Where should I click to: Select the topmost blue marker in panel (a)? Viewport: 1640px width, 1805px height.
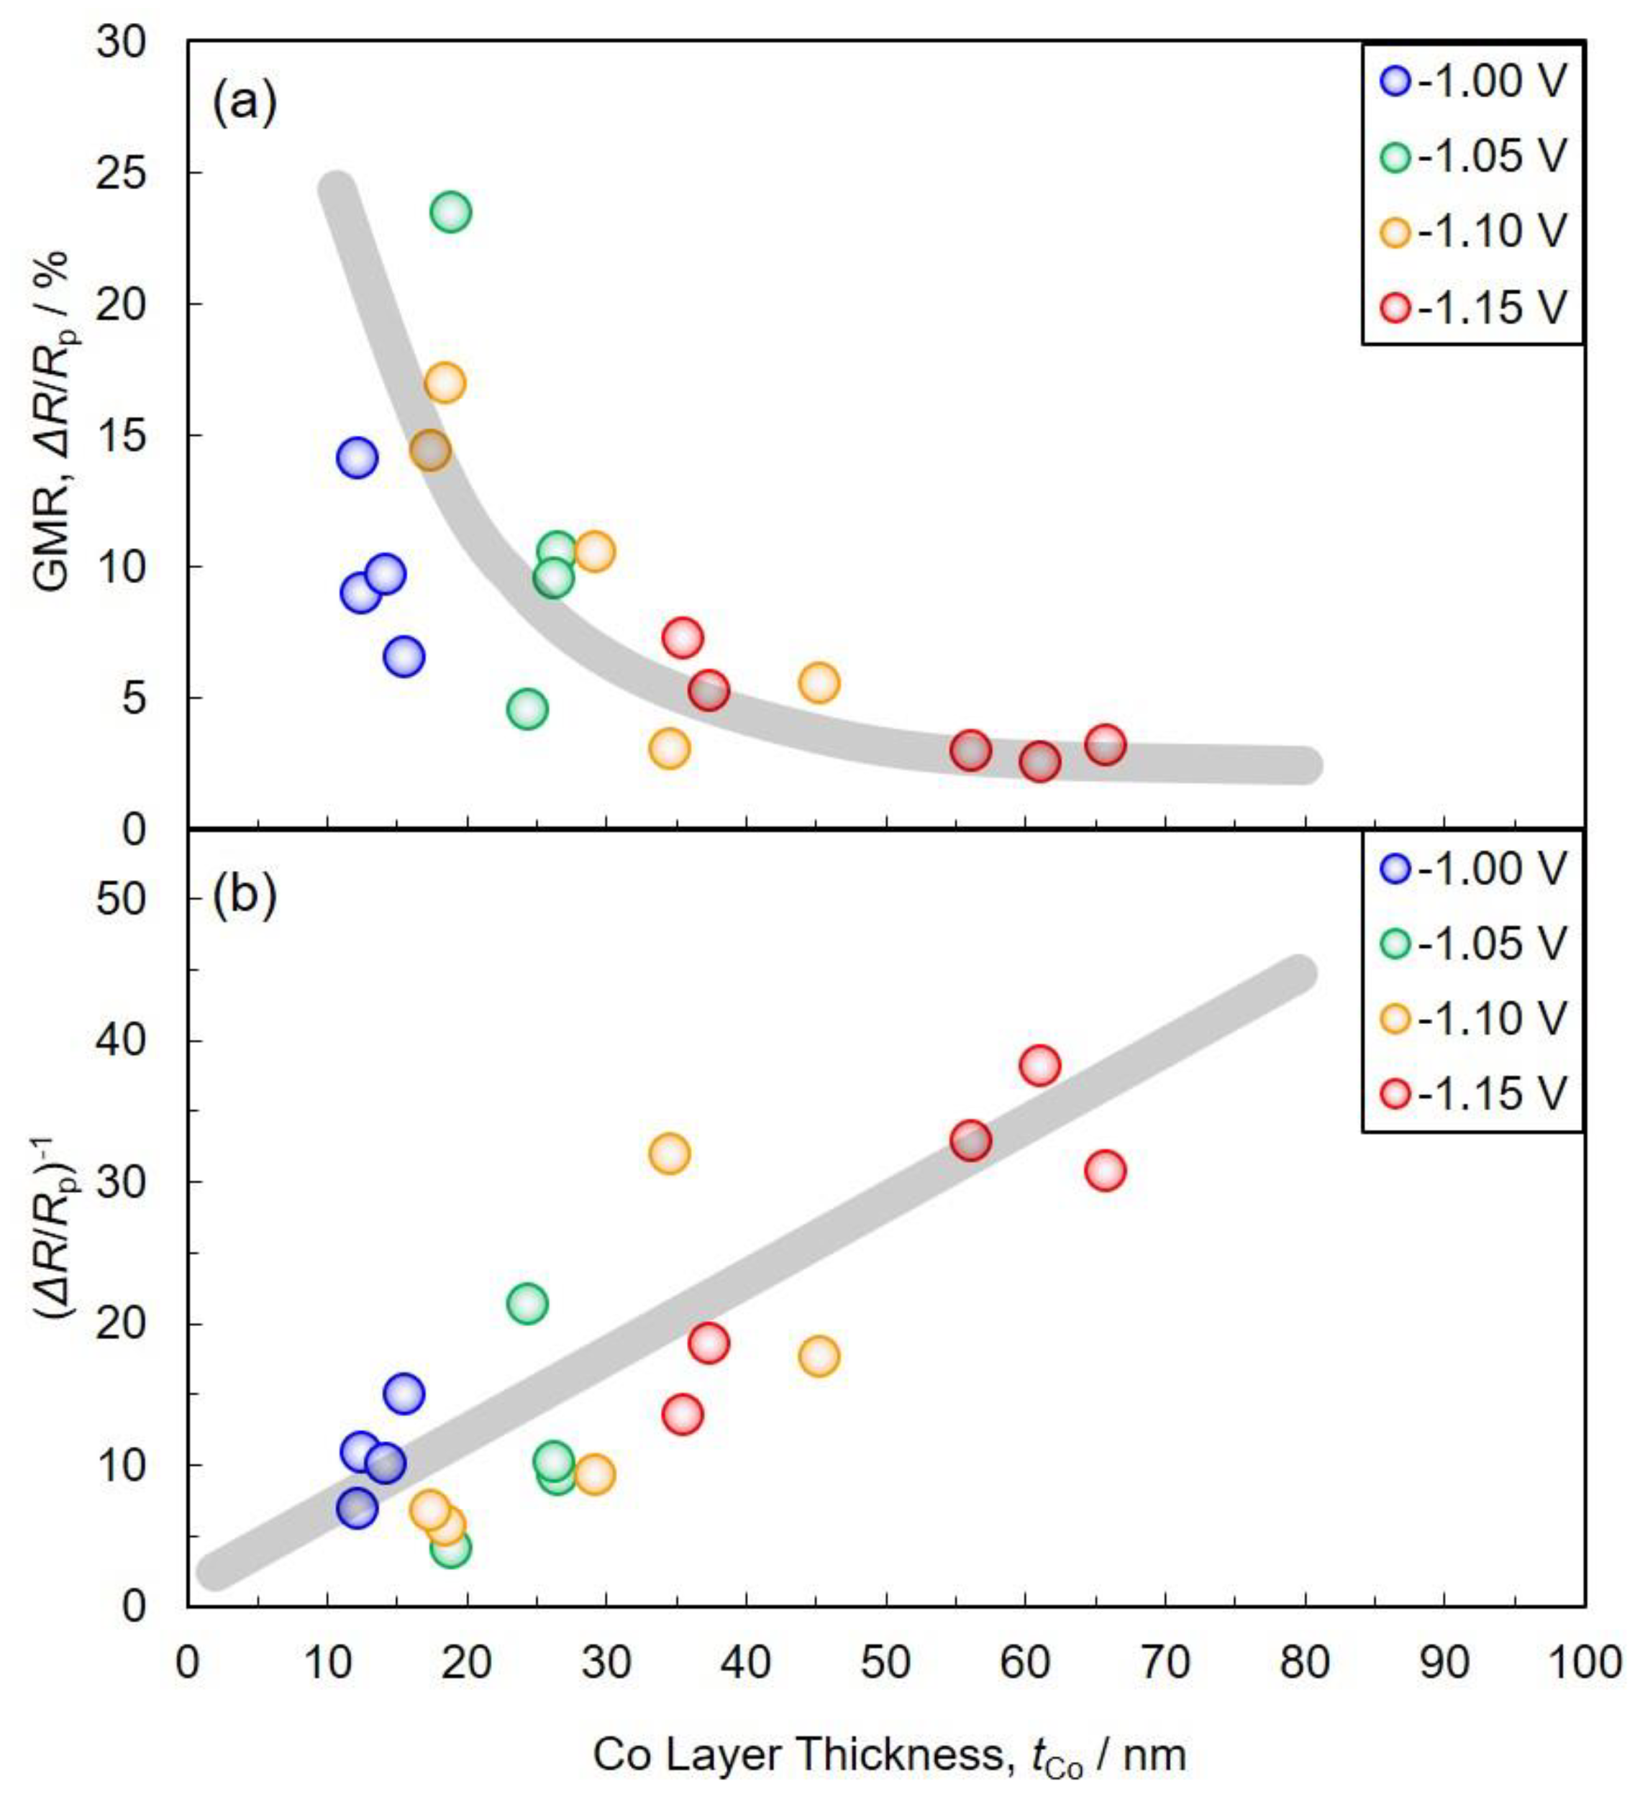(x=357, y=457)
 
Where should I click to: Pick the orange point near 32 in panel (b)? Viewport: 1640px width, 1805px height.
(x=669, y=1153)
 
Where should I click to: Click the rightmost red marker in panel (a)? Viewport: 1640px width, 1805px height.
(x=1106, y=744)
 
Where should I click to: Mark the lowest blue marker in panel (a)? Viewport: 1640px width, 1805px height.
(x=404, y=657)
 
